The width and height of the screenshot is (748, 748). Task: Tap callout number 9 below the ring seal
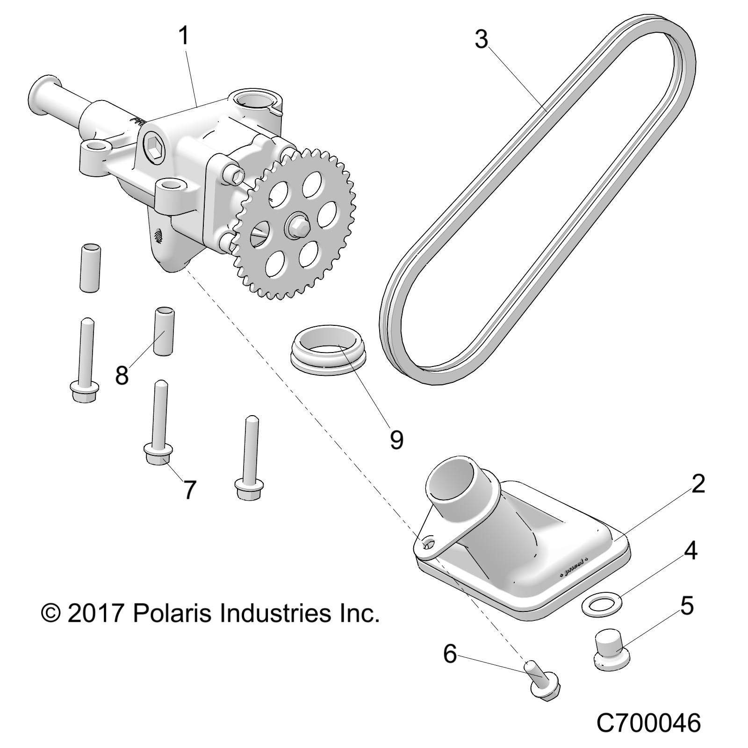(396, 439)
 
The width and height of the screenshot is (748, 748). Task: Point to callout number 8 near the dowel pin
(122, 375)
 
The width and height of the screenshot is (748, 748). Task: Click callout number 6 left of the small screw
(449, 654)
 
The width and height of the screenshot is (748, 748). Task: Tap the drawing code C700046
(648, 723)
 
